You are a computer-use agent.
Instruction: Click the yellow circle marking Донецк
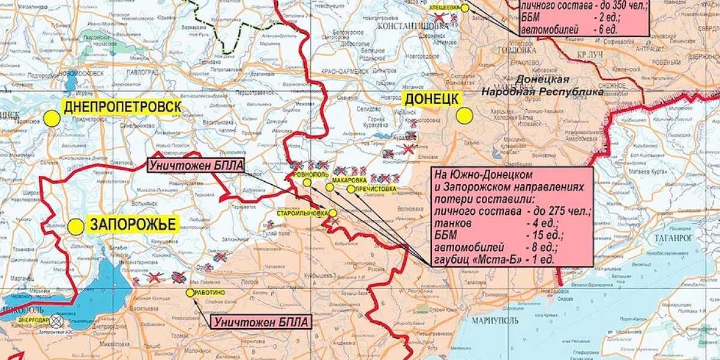464,116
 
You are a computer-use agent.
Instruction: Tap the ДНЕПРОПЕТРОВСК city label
122,107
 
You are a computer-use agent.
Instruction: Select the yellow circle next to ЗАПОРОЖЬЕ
76,227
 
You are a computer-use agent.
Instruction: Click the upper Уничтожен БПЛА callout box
196,166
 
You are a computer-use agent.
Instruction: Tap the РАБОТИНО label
210,292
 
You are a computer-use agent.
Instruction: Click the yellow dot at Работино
190,293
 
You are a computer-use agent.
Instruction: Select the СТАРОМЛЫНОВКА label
302,213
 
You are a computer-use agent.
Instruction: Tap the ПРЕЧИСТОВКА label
376,189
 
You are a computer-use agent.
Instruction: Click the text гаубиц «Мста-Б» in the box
475,259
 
